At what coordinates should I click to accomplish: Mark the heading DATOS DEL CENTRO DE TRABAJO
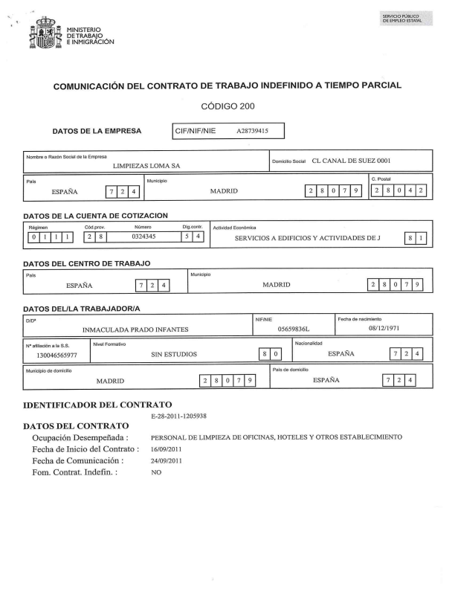coord(88,263)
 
